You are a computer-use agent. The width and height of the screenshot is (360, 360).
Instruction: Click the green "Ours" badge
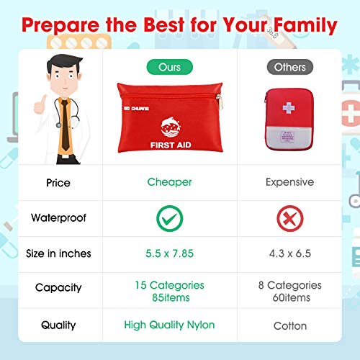pos(170,67)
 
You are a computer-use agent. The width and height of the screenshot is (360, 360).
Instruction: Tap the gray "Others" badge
pos(289,67)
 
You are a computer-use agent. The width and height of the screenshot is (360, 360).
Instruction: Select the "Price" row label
pos(58,183)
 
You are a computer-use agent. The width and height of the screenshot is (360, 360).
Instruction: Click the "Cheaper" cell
pos(170,182)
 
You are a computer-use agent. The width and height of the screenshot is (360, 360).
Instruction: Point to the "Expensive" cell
pos(289,182)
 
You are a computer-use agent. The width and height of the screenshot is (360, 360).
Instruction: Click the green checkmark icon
pos(170,218)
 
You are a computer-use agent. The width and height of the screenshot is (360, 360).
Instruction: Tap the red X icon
pos(289,218)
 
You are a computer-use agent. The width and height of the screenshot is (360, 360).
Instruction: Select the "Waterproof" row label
pos(58,218)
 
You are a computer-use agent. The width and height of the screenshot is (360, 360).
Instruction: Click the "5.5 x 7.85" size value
pos(170,253)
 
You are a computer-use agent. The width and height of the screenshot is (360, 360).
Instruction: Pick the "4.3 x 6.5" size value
pos(289,253)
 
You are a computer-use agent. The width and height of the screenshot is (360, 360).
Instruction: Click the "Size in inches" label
pos(58,253)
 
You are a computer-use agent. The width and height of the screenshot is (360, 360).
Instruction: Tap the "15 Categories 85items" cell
pos(170,291)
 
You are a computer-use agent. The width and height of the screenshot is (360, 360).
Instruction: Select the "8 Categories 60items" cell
pos(289,291)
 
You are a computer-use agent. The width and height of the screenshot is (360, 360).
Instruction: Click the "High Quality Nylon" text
pos(170,325)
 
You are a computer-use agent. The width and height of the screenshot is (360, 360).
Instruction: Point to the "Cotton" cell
pos(289,325)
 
